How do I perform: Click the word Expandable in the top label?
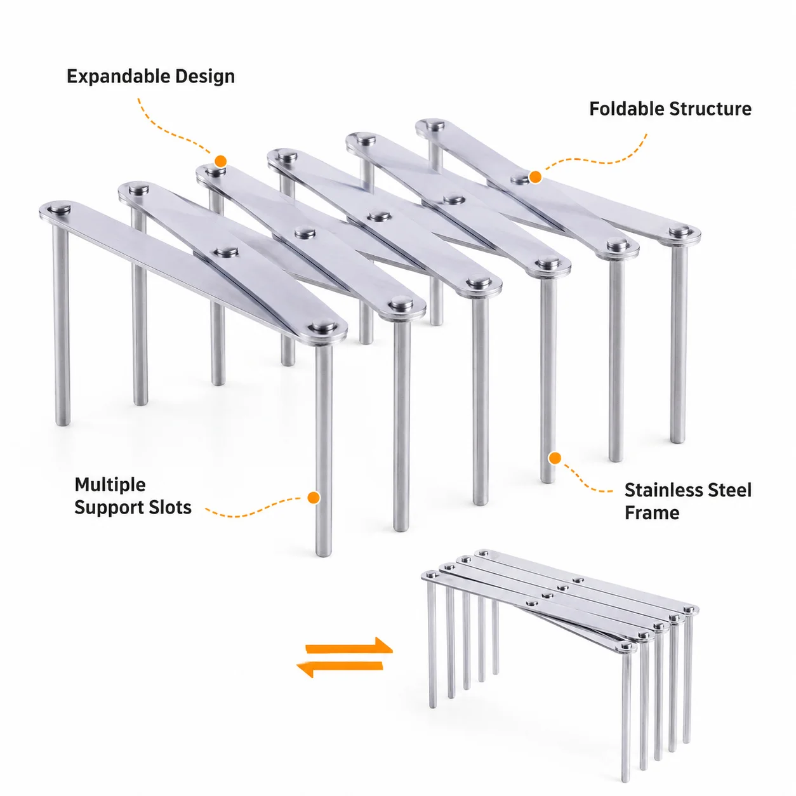pyautogui.click(x=118, y=77)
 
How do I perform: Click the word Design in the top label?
pyautogui.click(x=205, y=77)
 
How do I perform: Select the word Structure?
pyautogui.click(x=710, y=109)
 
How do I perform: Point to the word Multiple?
pyautogui.click(x=110, y=485)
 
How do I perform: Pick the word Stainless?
pyautogui.click(x=663, y=490)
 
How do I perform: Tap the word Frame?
pyautogui.click(x=652, y=513)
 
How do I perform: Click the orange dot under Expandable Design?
pyautogui.click(x=221, y=161)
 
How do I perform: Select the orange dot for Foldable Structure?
pyautogui.click(x=535, y=177)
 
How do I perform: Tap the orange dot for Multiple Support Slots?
pyautogui.click(x=314, y=498)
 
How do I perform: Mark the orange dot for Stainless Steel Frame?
pyautogui.click(x=555, y=458)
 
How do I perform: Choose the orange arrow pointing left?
pyautogui.click(x=340, y=669)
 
